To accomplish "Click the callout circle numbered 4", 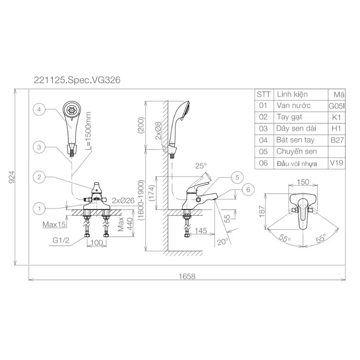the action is pyautogui.click(x=39, y=110).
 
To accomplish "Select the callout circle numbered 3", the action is pyautogui.click(x=39, y=147).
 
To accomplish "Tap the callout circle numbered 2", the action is pyautogui.click(x=39, y=177).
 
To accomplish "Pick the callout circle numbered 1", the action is pyautogui.click(x=39, y=208).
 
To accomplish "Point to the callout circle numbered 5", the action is pyautogui.click(x=237, y=177).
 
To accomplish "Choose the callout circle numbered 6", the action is pyautogui.click(x=248, y=190).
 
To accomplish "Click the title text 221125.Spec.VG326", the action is pyautogui.click(x=77, y=80).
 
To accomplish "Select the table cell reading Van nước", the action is pyautogui.click(x=294, y=105).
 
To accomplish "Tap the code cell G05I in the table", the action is pyautogui.click(x=337, y=106).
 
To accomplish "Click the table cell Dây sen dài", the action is pyautogui.click(x=296, y=128).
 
